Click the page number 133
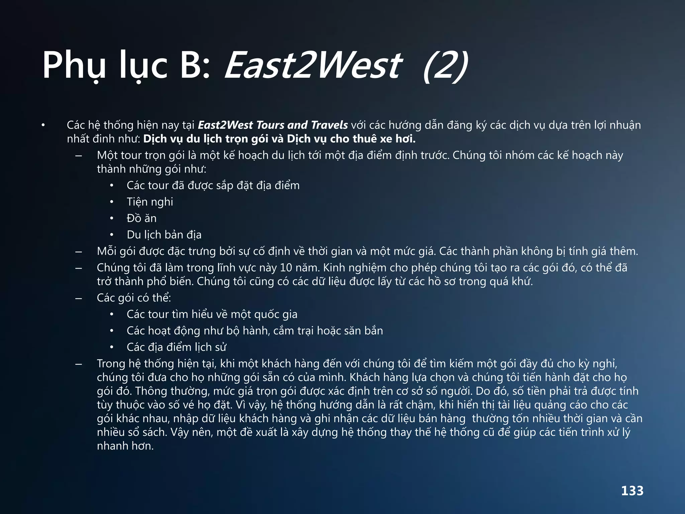point(632,491)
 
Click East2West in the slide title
point(313,65)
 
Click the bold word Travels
point(329,125)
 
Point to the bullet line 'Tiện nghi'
point(150,202)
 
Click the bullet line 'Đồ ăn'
point(141,218)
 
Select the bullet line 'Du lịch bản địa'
point(164,235)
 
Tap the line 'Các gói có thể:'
point(134,297)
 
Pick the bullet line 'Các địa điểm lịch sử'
point(176,347)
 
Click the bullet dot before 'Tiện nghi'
point(112,202)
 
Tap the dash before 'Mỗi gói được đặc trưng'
point(79,252)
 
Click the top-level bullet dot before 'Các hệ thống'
point(43,125)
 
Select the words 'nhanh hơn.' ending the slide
point(125,446)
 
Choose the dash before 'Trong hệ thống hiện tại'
point(79,364)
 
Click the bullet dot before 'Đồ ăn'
point(112,219)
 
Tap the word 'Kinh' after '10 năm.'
point(334,268)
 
